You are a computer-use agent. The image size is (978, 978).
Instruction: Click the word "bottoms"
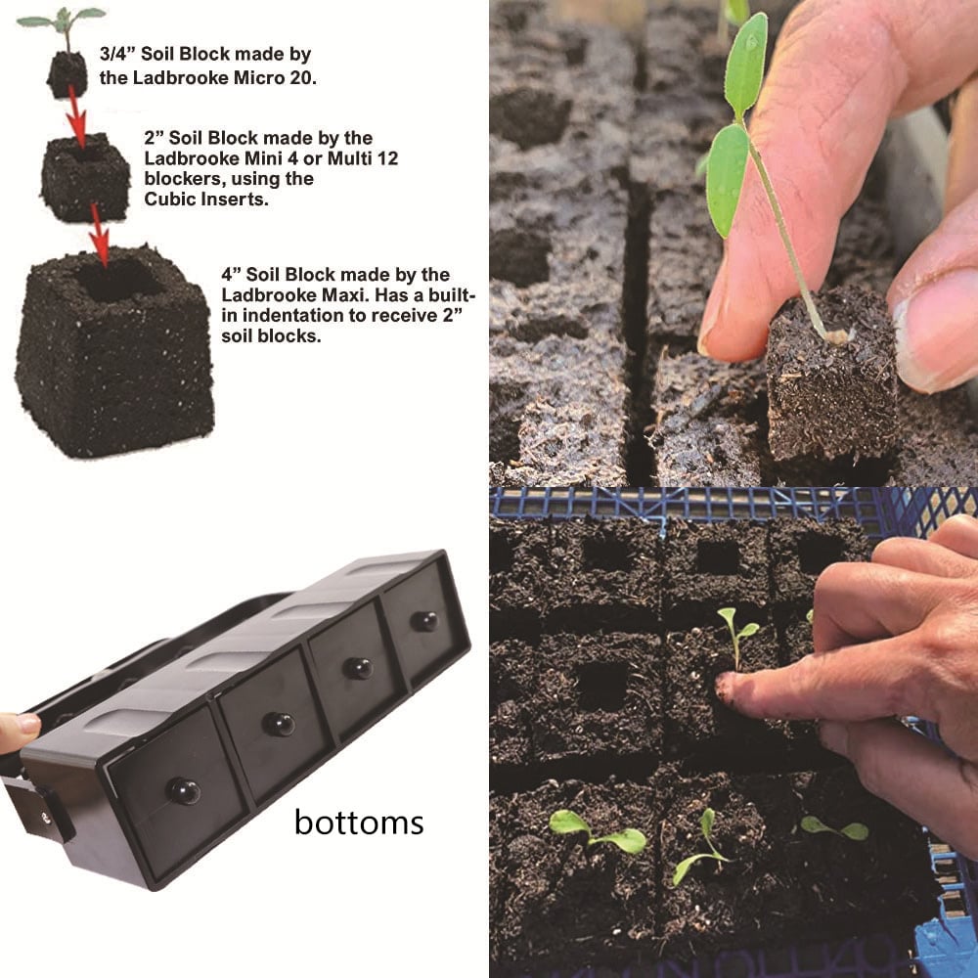click(359, 822)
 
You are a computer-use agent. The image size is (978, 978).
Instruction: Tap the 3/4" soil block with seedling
click(67, 72)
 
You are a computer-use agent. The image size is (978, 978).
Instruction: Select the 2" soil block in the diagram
click(85, 177)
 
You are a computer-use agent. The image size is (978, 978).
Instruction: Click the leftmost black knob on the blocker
click(183, 790)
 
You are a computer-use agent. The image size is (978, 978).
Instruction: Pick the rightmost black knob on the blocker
click(424, 620)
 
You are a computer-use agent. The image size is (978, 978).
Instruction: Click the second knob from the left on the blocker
click(279, 724)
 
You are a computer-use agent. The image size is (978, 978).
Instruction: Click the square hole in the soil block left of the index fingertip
click(600, 687)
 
